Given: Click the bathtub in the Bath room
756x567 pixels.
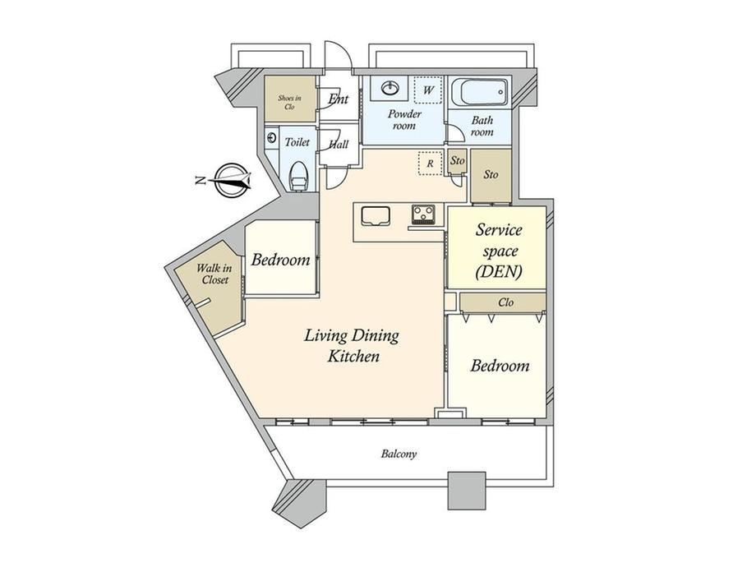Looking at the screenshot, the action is tap(480, 93).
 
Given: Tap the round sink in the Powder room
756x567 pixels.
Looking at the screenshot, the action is tap(390, 88).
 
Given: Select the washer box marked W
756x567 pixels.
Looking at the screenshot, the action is tap(428, 90).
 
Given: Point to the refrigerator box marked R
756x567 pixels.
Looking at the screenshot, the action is tap(430, 164).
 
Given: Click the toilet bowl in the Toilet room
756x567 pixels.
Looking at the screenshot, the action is tap(299, 177).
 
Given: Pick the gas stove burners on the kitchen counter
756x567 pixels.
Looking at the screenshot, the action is tap(423, 214).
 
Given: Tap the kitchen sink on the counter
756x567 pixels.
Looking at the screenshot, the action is tap(375, 215).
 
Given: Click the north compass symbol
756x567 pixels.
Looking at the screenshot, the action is tap(229, 180).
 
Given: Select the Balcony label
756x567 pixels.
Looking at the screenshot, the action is tap(399, 454).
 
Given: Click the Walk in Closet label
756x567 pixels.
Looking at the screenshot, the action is tap(214, 274).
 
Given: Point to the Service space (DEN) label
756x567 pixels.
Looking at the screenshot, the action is tap(499, 251).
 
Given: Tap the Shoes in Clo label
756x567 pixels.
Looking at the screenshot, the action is tap(289, 103).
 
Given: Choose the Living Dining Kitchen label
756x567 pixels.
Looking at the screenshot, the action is tap(352, 345).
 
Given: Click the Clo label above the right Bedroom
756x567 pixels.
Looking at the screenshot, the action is tap(505, 302).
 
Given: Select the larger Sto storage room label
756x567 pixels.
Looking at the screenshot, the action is tap(491, 174).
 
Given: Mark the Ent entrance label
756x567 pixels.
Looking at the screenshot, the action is tap(338, 99).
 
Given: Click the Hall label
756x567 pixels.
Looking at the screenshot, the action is tap(339, 144).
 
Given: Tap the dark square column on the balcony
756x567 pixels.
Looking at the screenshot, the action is tap(468, 491).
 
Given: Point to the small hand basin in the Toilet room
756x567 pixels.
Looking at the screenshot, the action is tap(271, 138).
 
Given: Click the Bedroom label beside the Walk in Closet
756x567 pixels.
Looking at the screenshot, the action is tap(280, 260).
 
